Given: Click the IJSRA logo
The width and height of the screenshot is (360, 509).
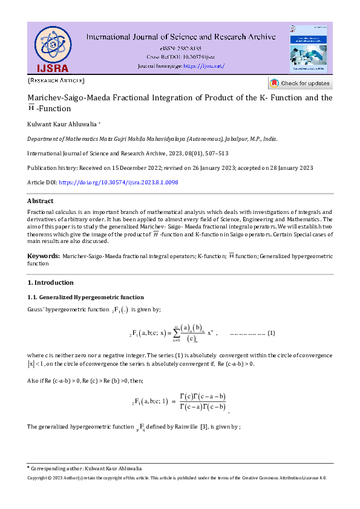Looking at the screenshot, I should (52, 48).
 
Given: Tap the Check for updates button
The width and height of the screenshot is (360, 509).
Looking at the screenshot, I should (300, 83).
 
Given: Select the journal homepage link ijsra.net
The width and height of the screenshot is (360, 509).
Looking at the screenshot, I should (203, 65).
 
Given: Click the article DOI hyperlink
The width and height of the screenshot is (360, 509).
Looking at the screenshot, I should (119, 182).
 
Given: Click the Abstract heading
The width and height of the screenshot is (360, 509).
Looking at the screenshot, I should (40, 201).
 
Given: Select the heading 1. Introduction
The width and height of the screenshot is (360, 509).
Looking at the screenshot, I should (51, 282).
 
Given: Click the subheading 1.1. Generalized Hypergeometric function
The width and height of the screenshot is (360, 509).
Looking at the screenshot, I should (85, 297).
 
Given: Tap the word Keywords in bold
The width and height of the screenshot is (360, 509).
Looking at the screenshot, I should (43, 256).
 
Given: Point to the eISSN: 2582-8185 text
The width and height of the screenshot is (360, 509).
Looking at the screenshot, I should (181, 48).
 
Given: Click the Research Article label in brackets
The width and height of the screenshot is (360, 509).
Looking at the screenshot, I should (56, 80).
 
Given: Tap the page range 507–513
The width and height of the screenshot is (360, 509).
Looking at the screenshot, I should (216, 153).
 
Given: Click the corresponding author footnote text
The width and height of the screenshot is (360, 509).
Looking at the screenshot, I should (87, 468).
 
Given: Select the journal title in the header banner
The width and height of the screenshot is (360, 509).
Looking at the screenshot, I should (181, 37).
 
